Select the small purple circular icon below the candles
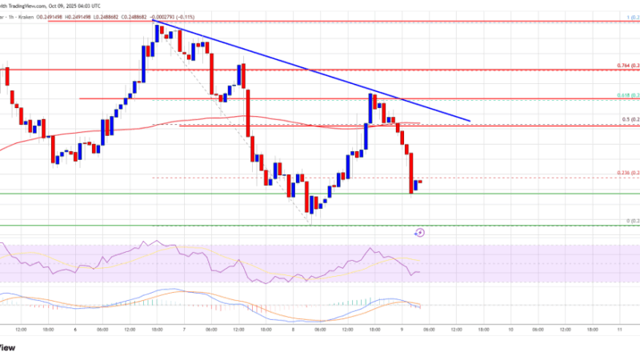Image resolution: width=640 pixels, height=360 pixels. click(x=421, y=233)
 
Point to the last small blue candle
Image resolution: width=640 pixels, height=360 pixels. click(x=415, y=187)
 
